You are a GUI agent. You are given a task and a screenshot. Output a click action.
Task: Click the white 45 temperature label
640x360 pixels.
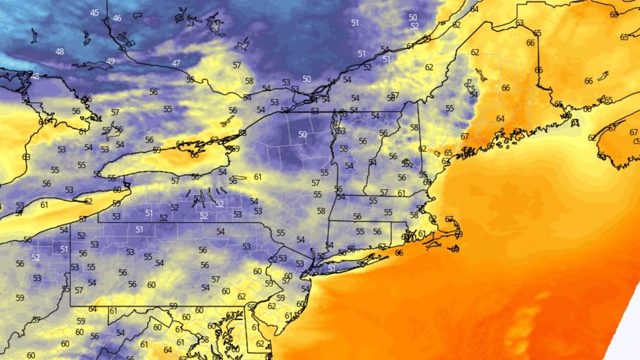[x=94, y=13]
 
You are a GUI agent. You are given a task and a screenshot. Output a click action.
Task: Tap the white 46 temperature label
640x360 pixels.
[x=117, y=19]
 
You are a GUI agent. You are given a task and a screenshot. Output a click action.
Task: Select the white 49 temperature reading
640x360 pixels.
[x=111, y=61]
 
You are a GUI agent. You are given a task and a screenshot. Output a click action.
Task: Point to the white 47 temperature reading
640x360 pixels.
[x=176, y=63]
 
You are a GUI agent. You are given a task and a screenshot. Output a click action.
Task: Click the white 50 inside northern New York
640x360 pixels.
[x=303, y=134]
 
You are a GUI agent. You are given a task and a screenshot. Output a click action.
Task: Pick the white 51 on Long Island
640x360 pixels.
[x=332, y=268]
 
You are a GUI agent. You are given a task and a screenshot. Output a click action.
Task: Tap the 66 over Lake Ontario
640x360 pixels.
[x=194, y=155]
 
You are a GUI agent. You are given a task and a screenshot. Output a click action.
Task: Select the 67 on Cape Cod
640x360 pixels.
[x=449, y=219]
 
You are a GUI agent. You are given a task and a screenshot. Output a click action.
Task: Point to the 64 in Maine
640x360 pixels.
[x=500, y=119]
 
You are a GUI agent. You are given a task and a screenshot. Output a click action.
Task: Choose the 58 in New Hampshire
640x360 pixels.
[x=414, y=127]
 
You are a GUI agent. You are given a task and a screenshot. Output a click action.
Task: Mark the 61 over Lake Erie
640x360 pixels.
[x=44, y=205]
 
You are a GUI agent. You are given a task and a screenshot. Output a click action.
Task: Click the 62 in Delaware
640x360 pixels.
[x=260, y=344]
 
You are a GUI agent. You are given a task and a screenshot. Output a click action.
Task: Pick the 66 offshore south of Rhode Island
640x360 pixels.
[x=399, y=253]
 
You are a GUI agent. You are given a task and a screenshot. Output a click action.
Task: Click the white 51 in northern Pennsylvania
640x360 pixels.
[x=139, y=230]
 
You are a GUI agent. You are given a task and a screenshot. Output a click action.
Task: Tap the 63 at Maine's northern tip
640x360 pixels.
[x=519, y=23]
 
